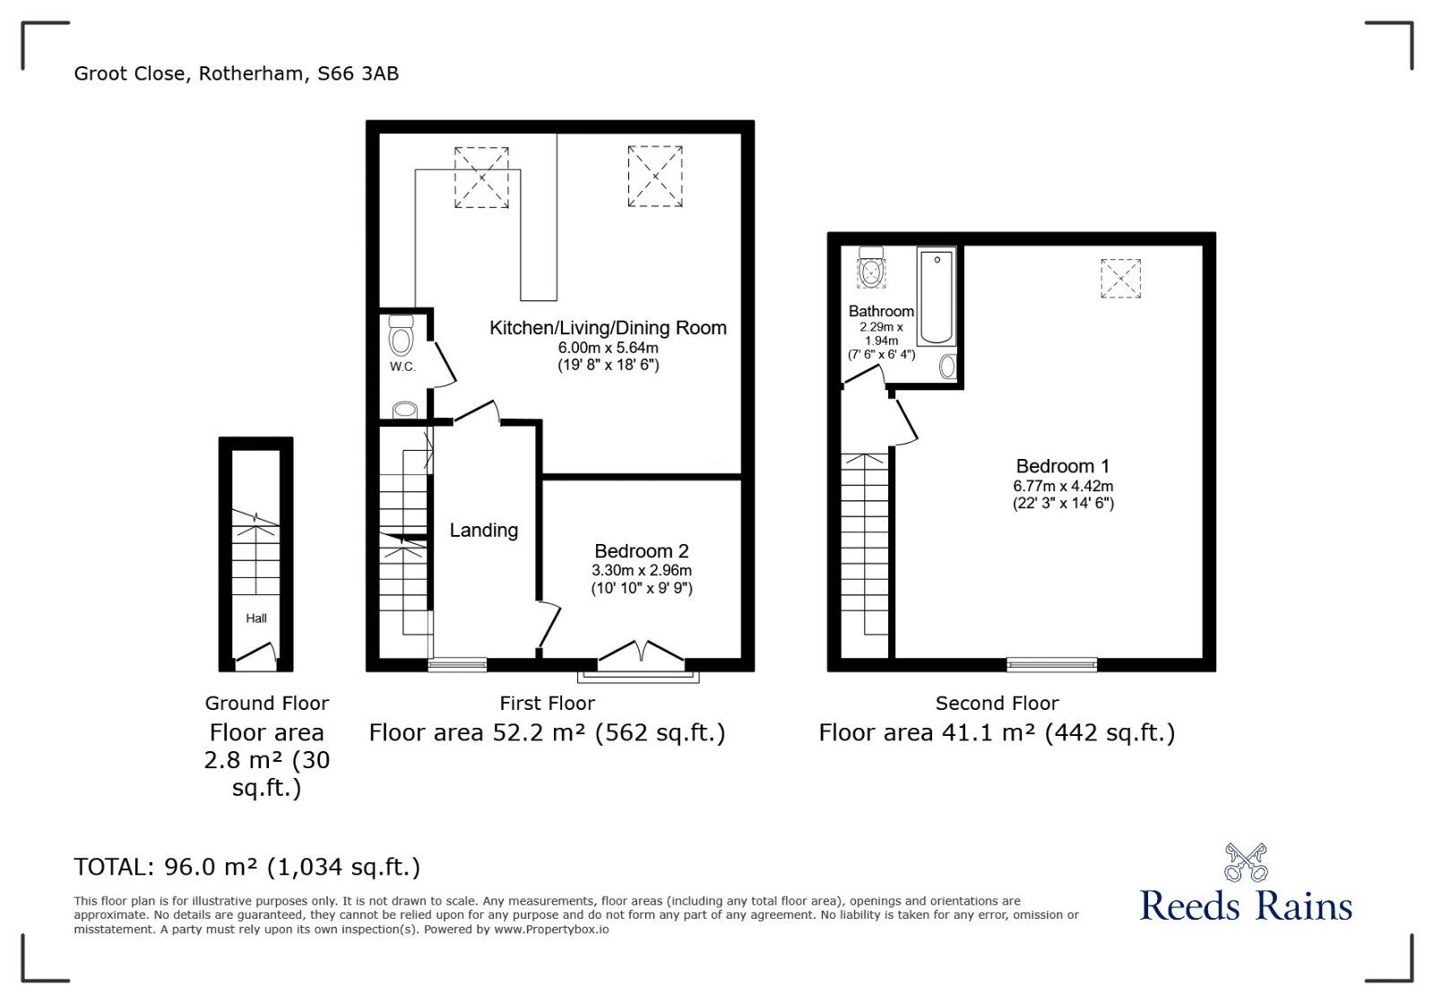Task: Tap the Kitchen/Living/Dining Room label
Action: pyautogui.click(x=608, y=328)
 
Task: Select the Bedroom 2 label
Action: pyautogui.click(x=641, y=551)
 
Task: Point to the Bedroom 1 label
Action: pyautogui.click(x=1062, y=466)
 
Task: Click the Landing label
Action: pyautogui.click(x=483, y=531)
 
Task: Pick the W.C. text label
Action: pyautogui.click(x=402, y=367)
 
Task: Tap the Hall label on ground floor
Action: pyautogui.click(x=256, y=618)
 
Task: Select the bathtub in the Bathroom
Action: pyautogui.click(x=937, y=297)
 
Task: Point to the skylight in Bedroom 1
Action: pyautogui.click(x=1120, y=278)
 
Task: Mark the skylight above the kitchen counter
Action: pyautogui.click(x=481, y=177)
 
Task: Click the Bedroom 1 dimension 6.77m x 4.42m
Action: pyautogui.click(x=1063, y=486)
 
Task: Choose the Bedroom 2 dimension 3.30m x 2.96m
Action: pyautogui.click(x=641, y=570)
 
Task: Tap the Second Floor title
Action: pyautogui.click(x=997, y=704)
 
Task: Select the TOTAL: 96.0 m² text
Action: pyautogui.click(x=246, y=867)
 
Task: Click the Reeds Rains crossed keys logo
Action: pyautogui.click(x=1245, y=862)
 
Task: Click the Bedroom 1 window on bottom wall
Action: pyautogui.click(x=1051, y=664)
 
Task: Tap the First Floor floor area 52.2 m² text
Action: pyautogui.click(x=547, y=733)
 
